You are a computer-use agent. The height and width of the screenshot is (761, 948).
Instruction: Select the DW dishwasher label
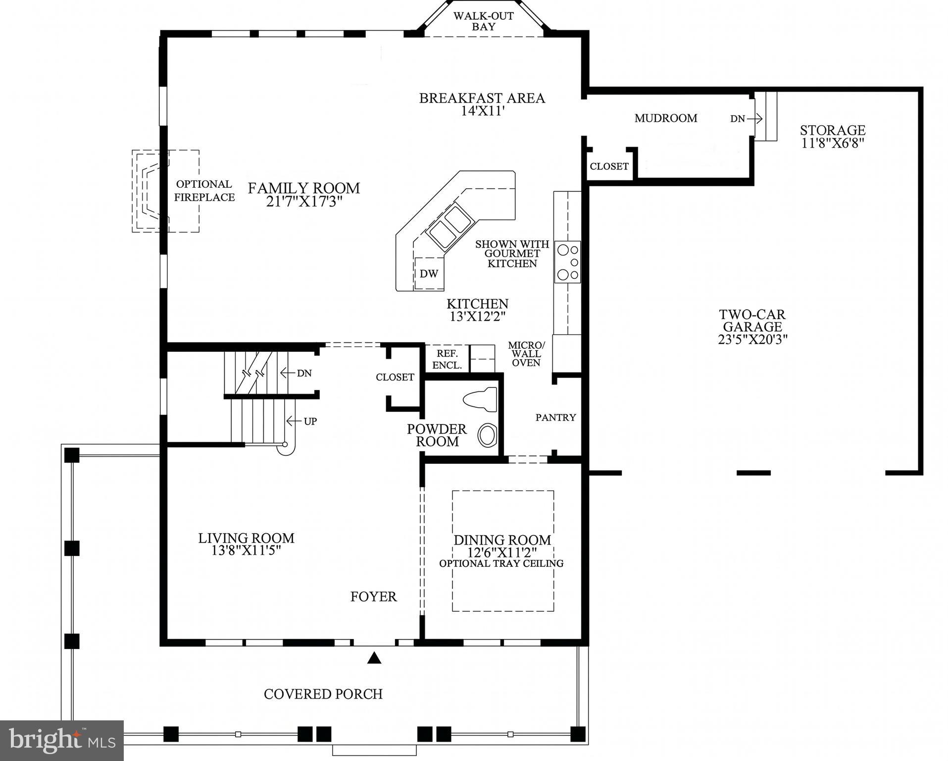(x=429, y=273)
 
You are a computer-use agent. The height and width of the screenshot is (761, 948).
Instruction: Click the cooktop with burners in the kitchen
(x=567, y=262)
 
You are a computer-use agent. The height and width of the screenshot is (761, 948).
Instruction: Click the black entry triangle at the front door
(x=375, y=658)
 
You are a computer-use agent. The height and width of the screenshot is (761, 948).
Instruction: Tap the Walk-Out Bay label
(x=484, y=21)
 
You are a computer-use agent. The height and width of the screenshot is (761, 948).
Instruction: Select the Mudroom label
(x=666, y=118)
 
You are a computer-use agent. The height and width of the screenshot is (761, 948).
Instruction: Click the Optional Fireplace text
(x=204, y=191)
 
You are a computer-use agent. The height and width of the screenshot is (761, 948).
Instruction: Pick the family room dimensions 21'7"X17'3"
(x=304, y=202)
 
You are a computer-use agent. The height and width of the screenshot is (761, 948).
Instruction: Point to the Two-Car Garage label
(x=752, y=321)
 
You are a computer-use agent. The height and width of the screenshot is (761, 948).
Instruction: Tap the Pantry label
(x=555, y=418)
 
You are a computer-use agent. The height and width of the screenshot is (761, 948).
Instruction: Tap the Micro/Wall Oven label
(x=526, y=354)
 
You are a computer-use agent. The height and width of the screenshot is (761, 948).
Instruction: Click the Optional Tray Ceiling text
(x=501, y=563)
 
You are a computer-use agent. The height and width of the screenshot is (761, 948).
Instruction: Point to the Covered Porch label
(x=323, y=694)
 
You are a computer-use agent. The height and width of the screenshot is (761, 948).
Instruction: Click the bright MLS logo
(x=61, y=740)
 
